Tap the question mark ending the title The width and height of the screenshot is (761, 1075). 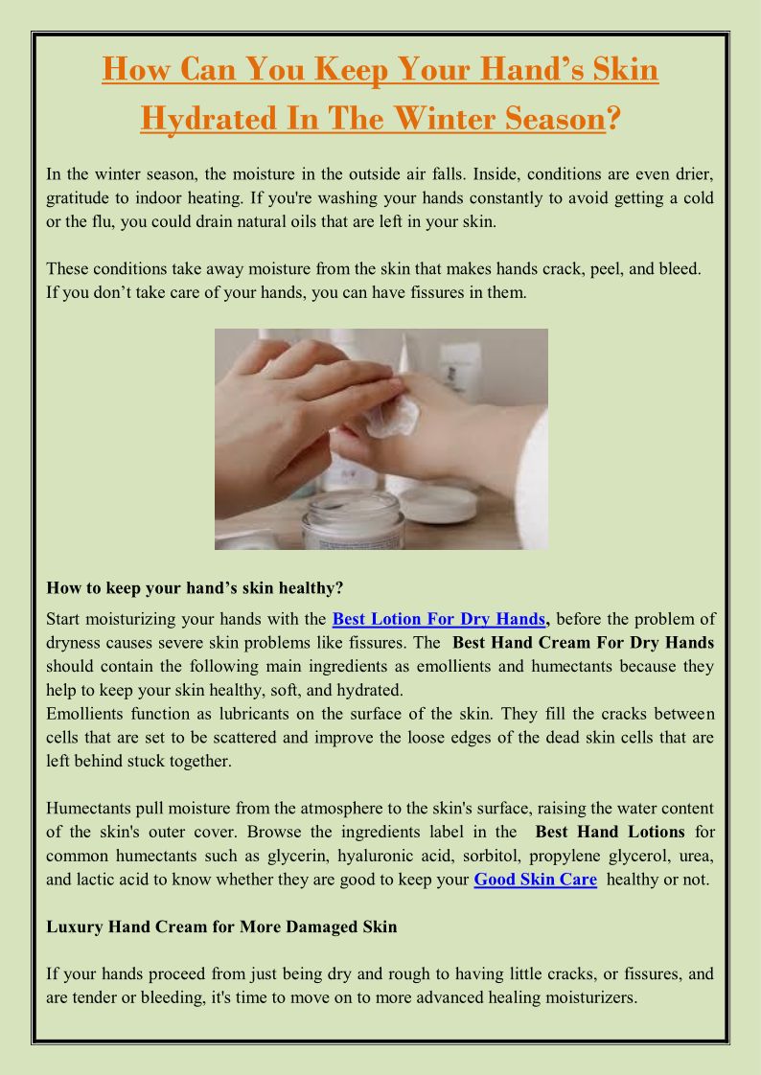point(613,118)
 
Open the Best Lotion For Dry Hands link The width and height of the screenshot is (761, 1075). point(439,619)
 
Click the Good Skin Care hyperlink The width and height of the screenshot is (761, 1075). point(536,880)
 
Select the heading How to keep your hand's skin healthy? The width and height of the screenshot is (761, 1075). point(195,587)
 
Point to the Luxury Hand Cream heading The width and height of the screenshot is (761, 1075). point(221,926)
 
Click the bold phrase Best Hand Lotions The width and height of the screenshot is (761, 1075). point(611,833)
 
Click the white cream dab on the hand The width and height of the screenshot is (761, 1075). point(392,416)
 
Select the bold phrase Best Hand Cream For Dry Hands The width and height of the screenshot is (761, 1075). point(584,643)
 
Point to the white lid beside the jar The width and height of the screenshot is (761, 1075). point(439,505)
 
